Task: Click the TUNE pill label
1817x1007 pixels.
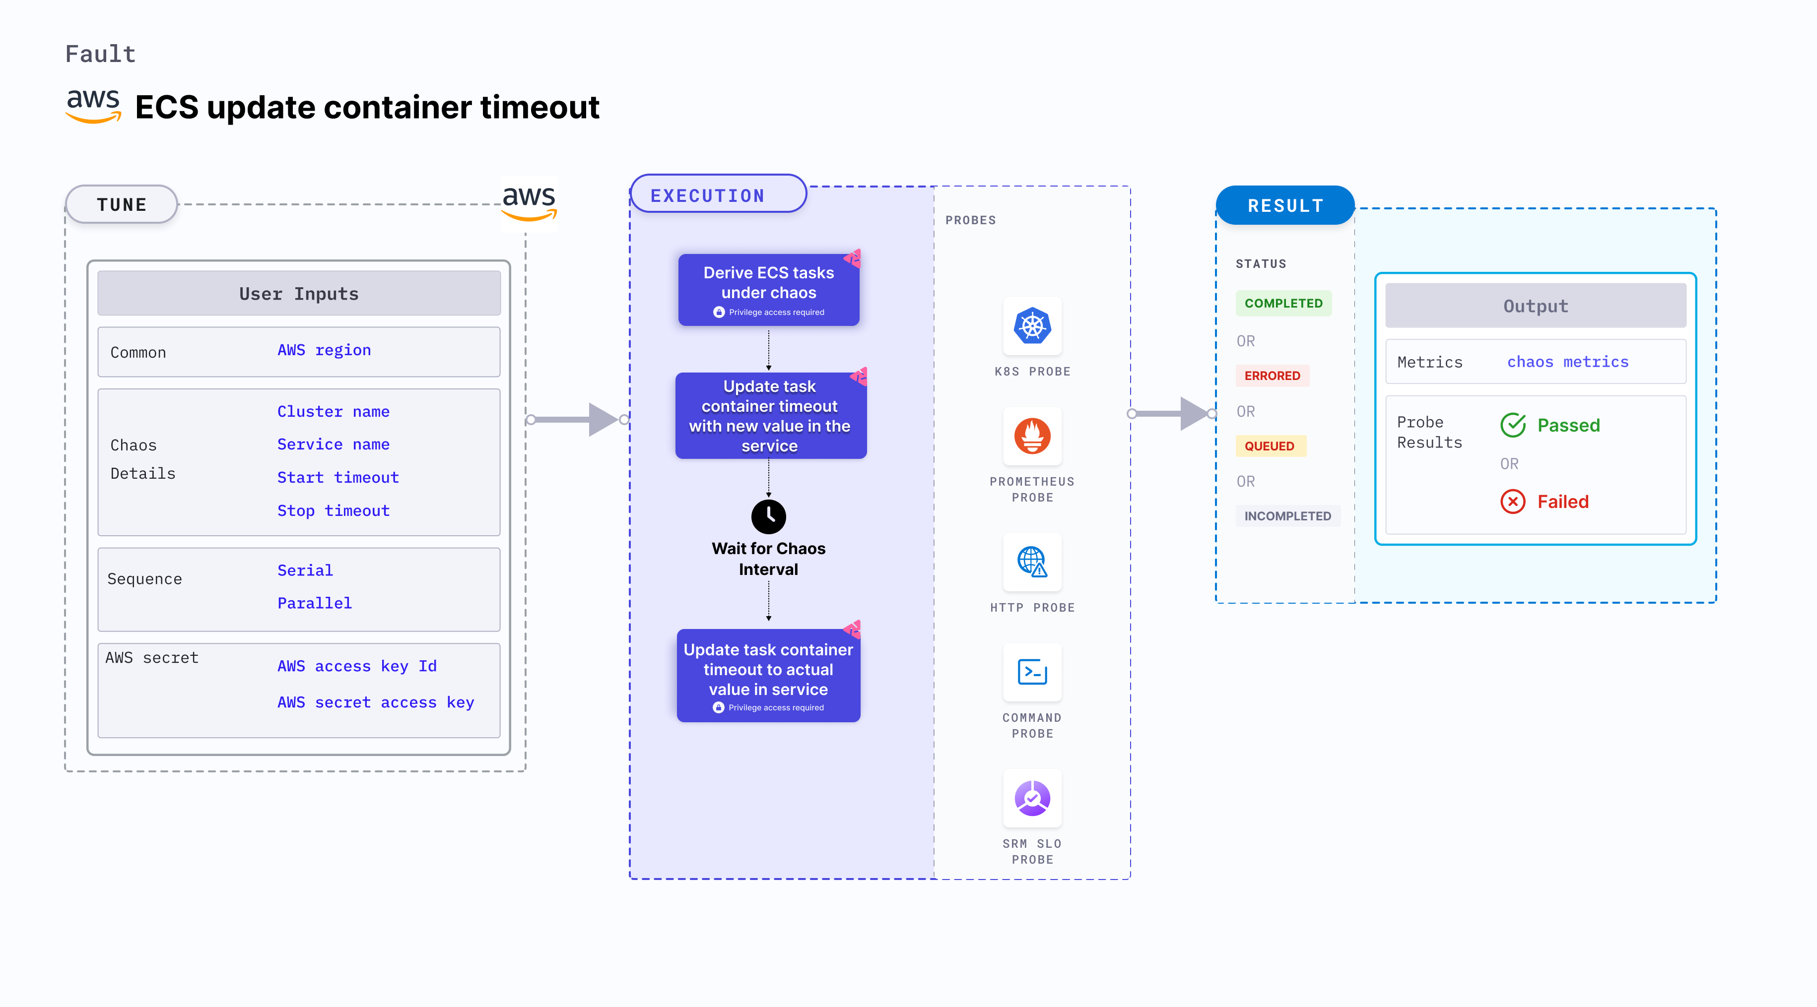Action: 121,204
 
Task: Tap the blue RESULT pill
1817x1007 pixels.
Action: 1284,206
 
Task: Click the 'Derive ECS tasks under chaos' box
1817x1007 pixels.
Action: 768,290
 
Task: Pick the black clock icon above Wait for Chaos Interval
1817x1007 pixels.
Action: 768,517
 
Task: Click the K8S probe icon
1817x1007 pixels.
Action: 1032,326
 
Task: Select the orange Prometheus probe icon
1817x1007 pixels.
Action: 1032,436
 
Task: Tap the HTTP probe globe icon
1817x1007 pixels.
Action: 1032,562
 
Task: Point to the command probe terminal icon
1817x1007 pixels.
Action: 1032,672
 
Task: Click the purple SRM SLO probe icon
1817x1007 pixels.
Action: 1032,798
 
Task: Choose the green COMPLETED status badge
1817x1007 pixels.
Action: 1283,303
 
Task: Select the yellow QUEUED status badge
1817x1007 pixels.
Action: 1269,445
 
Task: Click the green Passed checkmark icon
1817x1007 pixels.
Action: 1513,425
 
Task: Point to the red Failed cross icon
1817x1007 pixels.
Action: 1513,502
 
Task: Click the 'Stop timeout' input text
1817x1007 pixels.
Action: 333,510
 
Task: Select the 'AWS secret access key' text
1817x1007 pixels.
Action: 375,702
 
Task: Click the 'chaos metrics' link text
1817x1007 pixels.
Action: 1567,362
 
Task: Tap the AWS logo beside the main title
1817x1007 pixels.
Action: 93,106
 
